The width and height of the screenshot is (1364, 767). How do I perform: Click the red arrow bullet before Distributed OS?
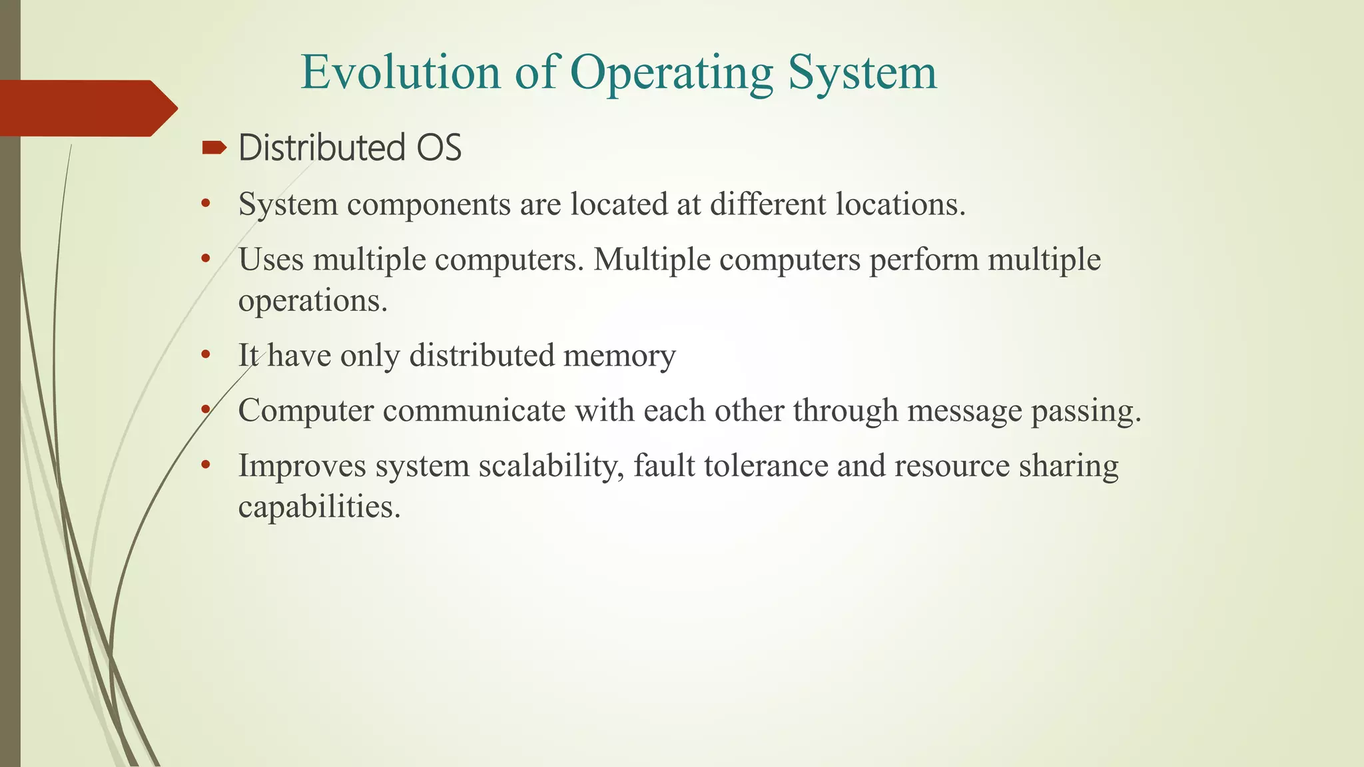tap(214, 147)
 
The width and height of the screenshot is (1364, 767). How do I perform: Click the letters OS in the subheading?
tap(439, 148)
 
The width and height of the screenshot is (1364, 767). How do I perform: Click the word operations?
tap(312, 302)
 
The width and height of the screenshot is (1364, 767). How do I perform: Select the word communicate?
tap(474, 411)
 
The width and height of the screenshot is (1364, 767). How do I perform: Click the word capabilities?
tap(319, 507)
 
